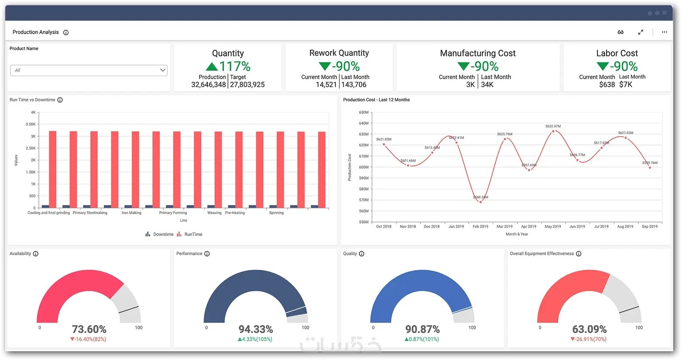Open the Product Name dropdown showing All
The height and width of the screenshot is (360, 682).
tap(89, 70)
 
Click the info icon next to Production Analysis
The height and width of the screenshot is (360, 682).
tap(66, 32)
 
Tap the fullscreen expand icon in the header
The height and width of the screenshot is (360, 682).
tap(641, 32)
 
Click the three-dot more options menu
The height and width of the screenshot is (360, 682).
tap(664, 32)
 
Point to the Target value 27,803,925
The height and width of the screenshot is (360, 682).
tap(247, 85)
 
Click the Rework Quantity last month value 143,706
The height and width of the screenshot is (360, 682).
tap(354, 85)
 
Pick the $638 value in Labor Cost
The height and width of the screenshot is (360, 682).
tap(607, 85)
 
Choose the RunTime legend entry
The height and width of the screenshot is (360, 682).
tap(190, 235)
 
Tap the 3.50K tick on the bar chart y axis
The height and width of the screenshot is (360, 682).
tap(31, 125)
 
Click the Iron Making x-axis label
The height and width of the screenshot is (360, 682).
tap(131, 213)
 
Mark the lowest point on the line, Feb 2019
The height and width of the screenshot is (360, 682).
tap(480, 202)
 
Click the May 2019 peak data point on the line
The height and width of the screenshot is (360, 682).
tap(553, 131)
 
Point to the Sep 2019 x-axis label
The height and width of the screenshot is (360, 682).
tap(649, 227)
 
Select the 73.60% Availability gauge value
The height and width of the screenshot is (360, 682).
tap(89, 329)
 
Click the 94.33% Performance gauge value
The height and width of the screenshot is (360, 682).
tap(256, 329)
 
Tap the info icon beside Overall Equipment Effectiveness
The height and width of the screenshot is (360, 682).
tap(579, 254)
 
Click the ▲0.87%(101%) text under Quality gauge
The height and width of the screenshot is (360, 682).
tap(422, 339)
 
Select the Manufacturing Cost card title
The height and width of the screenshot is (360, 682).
tap(478, 53)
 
